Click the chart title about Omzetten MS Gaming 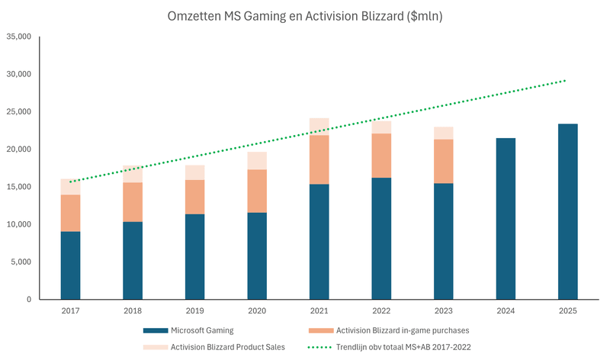point(304,15)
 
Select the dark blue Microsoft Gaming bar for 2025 point(567,211)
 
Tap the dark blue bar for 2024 point(506,219)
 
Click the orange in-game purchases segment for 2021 point(319,159)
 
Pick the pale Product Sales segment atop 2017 point(70,187)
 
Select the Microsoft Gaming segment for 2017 point(70,265)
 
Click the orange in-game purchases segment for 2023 point(443,161)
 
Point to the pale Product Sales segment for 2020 point(257,160)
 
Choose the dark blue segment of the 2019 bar point(194,257)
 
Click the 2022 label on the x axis point(381,311)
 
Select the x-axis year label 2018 point(133,311)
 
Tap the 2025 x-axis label point(567,311)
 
